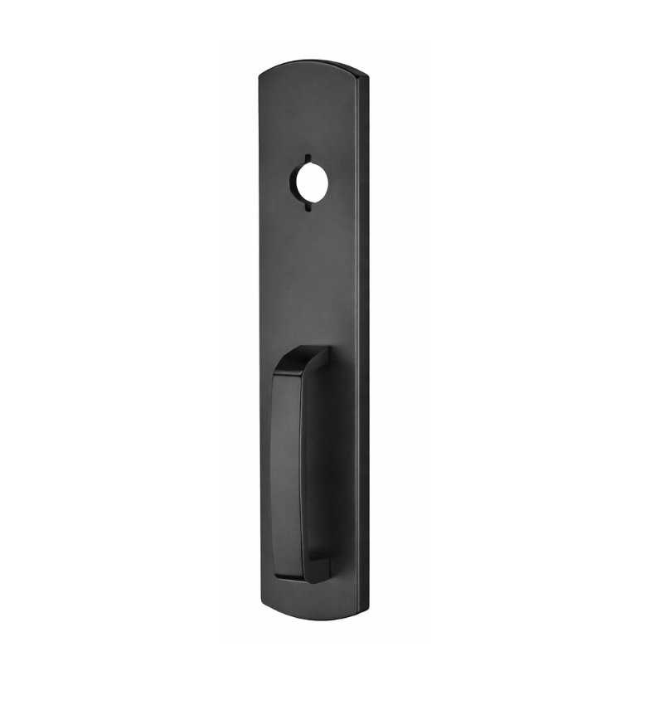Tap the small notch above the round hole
click(306, 158)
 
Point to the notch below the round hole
click(306, 208)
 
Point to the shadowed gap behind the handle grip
click(318, 464)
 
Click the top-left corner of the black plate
click(260, 75)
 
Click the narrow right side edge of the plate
click(363, 332)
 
